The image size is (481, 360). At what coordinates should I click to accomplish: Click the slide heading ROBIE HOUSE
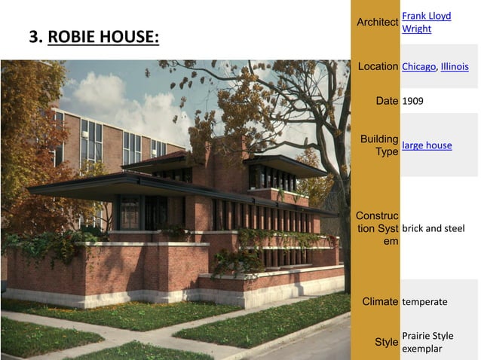103,37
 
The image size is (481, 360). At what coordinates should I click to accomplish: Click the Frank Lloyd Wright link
426,22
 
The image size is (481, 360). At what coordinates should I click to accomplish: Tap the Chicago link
418,66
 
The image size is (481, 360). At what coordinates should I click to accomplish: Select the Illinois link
455,66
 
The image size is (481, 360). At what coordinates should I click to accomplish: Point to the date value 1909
413,100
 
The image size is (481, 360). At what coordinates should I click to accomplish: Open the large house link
427,145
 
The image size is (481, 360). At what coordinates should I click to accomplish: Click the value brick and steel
434,228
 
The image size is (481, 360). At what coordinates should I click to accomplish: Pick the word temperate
424,301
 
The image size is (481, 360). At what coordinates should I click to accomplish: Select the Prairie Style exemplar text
427,342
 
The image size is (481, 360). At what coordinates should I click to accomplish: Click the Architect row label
378,22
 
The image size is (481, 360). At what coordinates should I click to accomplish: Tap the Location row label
378,66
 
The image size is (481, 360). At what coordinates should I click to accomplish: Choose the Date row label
385,100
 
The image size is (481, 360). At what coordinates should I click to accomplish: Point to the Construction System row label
377,228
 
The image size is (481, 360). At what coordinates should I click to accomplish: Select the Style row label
387,343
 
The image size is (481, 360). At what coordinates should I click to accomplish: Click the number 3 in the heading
33,37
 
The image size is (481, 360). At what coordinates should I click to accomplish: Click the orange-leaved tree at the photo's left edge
23,136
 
